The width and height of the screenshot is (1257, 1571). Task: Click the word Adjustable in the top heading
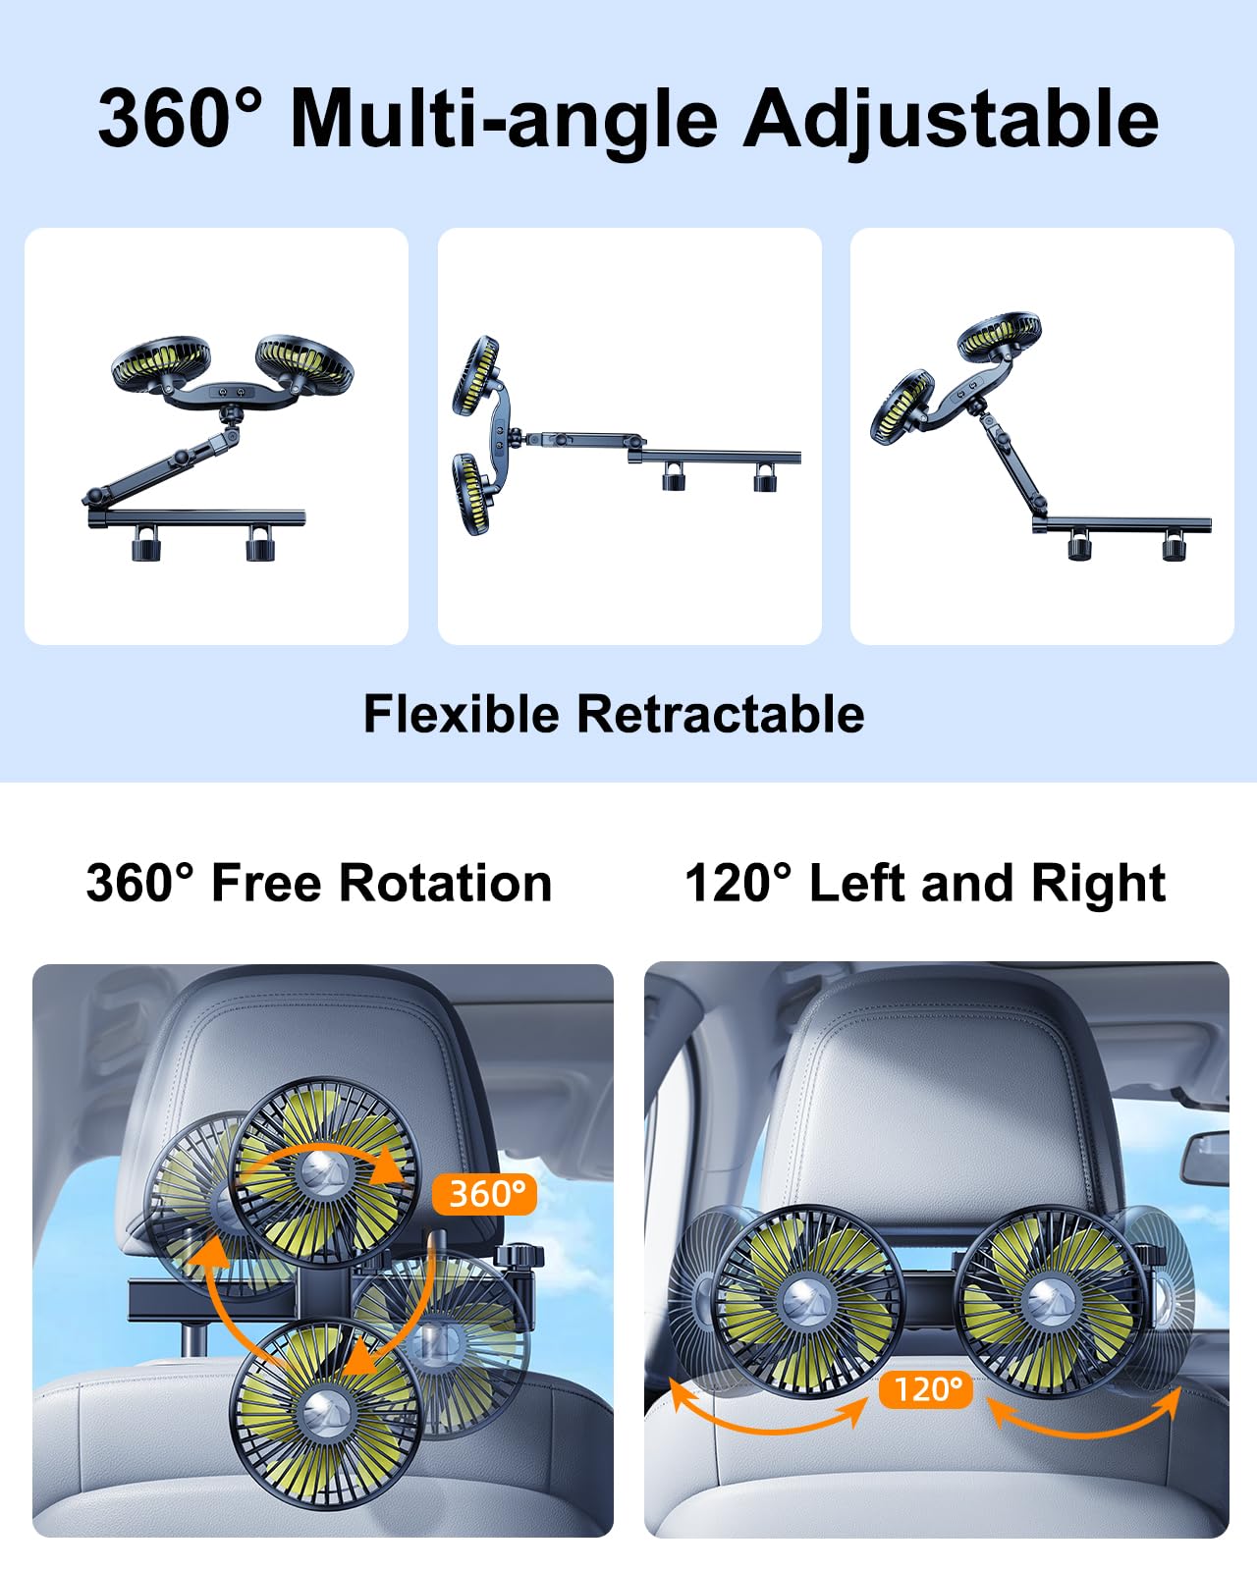(951, 120)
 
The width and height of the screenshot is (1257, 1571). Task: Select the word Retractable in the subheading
(720, 714)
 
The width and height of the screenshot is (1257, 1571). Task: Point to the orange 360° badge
(485, 1194)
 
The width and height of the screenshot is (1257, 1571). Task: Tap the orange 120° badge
(926, 1389)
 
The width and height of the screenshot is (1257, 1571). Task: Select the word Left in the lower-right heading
(858, 883)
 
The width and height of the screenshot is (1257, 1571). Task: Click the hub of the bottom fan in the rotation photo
(324, 1412)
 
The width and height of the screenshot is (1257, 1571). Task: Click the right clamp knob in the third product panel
(1175, 545)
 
